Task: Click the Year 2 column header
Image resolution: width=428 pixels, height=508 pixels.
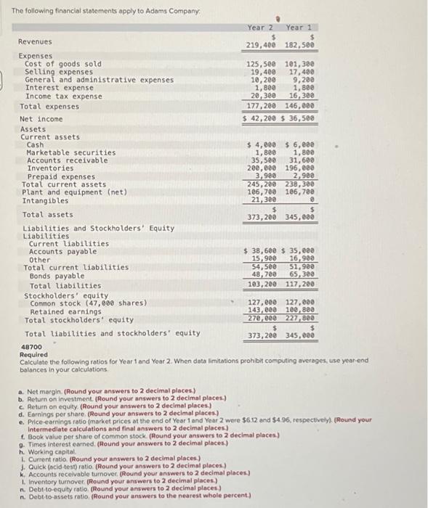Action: point(259,28)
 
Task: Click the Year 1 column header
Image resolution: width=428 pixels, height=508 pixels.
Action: point(298,28)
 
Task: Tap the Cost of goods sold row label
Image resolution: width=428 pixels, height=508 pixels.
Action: point(63,64)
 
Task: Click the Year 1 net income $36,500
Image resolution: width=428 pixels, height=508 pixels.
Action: point(299,118)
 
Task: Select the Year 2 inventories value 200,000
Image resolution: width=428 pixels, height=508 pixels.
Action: point(262,168)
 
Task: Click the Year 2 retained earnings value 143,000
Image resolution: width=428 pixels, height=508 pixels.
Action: point(262,311)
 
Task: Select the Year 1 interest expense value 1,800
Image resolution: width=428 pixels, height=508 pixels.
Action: point(302,87)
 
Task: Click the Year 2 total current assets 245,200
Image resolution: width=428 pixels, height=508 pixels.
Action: point(262,184)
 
